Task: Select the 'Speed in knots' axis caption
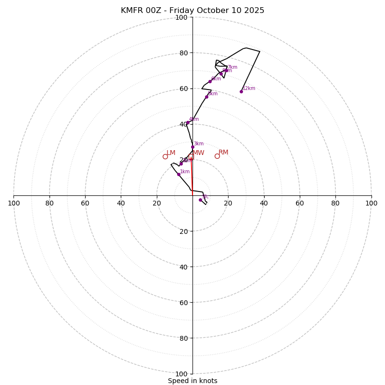tap(192, 381)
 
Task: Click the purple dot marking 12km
tap(241, 91)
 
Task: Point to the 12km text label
tap(249, 89)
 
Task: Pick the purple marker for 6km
tap(210, 81)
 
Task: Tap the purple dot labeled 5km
tap(206, 97)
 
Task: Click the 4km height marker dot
tap(188, 123)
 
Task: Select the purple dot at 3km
tap(192, 147)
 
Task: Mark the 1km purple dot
tap(179, 174)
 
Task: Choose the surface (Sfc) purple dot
tap(200, 200)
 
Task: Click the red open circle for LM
tap(165, 156)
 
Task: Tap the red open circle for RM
tap(217, 156)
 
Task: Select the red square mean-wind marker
tap(191, 157)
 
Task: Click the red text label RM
tap(223, 153)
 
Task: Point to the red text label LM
tap(171, 153)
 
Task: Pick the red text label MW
tap(199, 153)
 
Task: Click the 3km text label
tap(199, 144)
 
